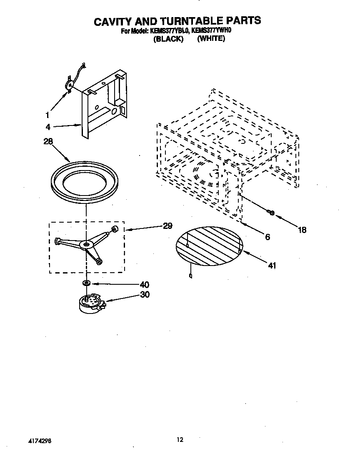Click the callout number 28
point(48,142)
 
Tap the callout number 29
point(167,226)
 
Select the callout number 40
point(144,285)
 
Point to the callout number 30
point(144,294)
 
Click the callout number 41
point(272,265)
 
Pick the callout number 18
point(302,230)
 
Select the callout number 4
point(48,127)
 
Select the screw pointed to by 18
point(271,213)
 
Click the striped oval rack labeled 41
point(209,246)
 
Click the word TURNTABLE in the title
point(194,20)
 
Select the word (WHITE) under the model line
point(211,39)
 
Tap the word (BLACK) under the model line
point(168,39)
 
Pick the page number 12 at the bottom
point(180,439)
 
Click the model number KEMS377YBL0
point(168,31)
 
